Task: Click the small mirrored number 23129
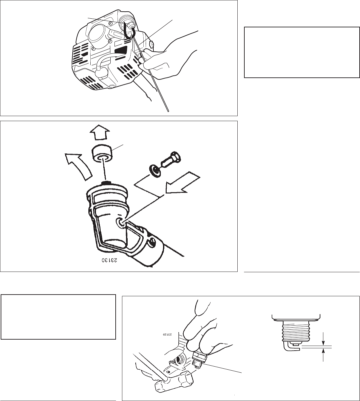coord(167,335)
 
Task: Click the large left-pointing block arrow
coord(183,182)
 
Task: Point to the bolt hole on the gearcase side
coord(120,222)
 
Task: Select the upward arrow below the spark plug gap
coord(323,355)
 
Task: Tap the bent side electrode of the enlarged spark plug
coord(291,346)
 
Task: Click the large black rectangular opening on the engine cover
coord(121,50)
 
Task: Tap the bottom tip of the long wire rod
coord(168,112)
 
